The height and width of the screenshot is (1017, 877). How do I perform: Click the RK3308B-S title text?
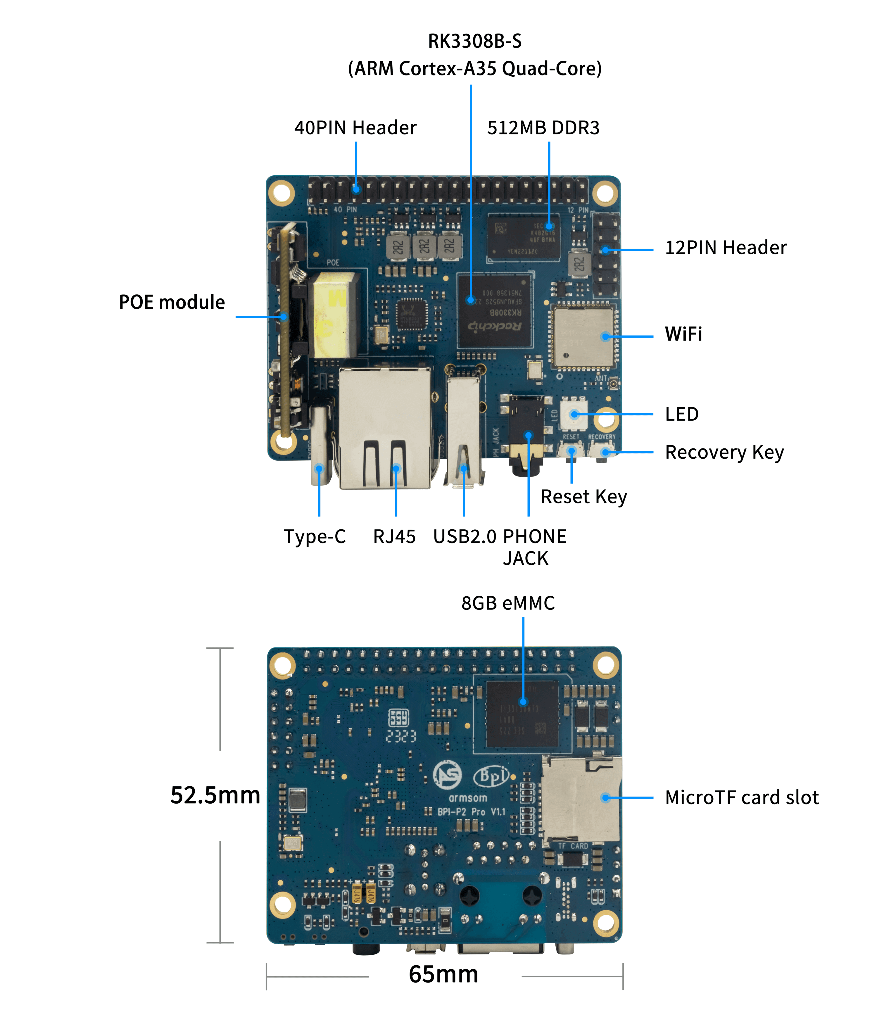[474, 41]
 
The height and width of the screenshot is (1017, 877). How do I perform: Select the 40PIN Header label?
[355, 128]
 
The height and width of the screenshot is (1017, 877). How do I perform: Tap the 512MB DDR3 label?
[543, 128]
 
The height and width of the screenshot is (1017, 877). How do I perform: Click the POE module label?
[172, 302]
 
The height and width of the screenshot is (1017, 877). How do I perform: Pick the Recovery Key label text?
[724, 452]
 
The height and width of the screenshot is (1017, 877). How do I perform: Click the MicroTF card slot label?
[741, 797]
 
